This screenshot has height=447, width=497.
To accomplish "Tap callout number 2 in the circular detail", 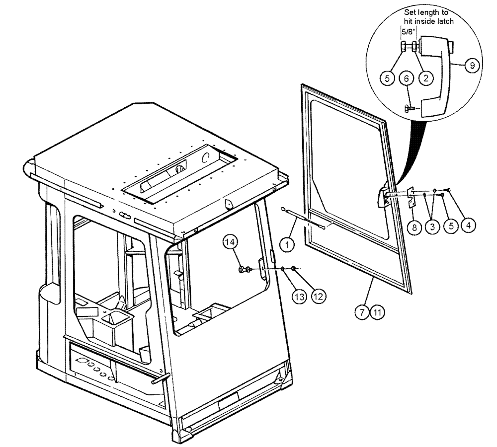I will pyautogui.click(x=425, y=77).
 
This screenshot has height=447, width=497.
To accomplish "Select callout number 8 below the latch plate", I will pyautogui.click(x=473, y=65).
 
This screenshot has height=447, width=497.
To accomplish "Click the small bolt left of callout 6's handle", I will pyautogui.click(x=409, y=108).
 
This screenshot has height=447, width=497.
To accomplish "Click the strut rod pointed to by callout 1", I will pyautogui.click(x=303, y=219).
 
